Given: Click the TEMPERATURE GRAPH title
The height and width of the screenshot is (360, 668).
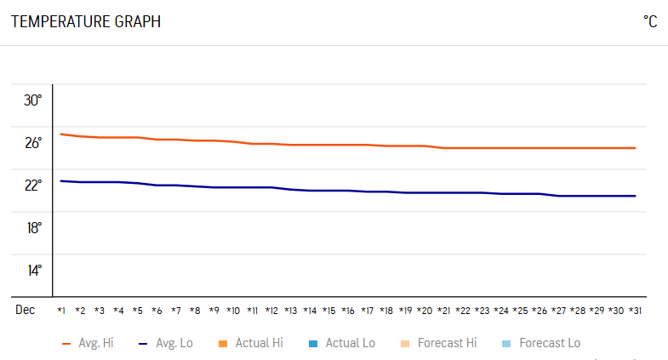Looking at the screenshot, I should tap(86, 22).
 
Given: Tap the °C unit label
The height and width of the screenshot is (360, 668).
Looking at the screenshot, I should tap(650, 22).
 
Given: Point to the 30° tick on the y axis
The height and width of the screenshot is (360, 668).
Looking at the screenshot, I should tap(33, 100).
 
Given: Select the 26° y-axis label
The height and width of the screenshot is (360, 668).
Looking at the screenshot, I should tap(33, 143).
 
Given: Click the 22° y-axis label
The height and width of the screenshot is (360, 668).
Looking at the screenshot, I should tap(33, 186).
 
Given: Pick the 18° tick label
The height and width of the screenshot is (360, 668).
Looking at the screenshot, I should tap(33, 228).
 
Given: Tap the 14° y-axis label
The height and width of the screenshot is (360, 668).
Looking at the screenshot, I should tap(33, 271).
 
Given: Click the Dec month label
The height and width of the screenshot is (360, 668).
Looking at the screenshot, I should tap(25, 310).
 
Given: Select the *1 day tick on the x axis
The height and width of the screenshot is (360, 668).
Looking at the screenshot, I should tap(61, 311).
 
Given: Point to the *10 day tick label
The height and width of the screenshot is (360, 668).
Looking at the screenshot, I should tap(233, 311).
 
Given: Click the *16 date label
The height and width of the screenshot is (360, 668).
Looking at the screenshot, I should tap(348, 311).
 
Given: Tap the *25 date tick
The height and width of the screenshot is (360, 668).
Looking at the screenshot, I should tap(520, 311).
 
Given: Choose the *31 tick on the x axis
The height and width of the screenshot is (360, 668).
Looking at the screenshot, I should tap(635, 311).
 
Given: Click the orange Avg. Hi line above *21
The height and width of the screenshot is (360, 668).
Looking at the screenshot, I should tap(443, 148).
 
